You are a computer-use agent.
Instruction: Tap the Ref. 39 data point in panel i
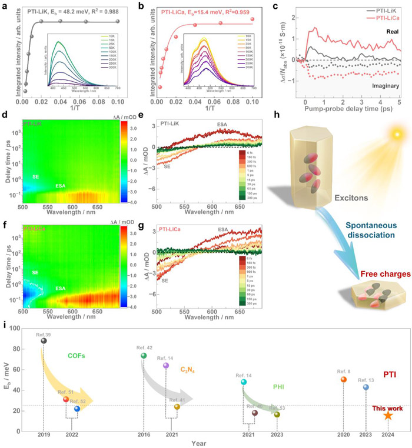pyautogui.click(x=44, y=340)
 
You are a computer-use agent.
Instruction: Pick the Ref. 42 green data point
pyautogui.click(x=144, y=356)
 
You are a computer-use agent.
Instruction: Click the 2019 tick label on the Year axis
pyautogui.click(x=44, y=434)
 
